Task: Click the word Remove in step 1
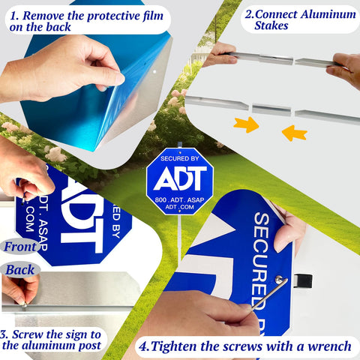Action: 43,16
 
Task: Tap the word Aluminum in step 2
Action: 328,14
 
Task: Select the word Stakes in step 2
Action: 271,25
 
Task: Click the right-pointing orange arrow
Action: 247,124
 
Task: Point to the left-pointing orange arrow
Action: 294,133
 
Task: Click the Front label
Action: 20,247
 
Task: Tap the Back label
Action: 20,270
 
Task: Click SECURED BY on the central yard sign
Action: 180,158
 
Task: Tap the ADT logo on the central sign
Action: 180,178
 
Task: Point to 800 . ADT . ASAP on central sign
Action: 179,200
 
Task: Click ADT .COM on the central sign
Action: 179,207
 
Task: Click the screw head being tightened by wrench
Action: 278,279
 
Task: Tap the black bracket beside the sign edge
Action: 303,281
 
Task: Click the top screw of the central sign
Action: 180,152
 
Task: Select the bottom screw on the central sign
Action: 179,211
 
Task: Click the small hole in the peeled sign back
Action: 154,72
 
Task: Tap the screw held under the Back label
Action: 24,305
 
